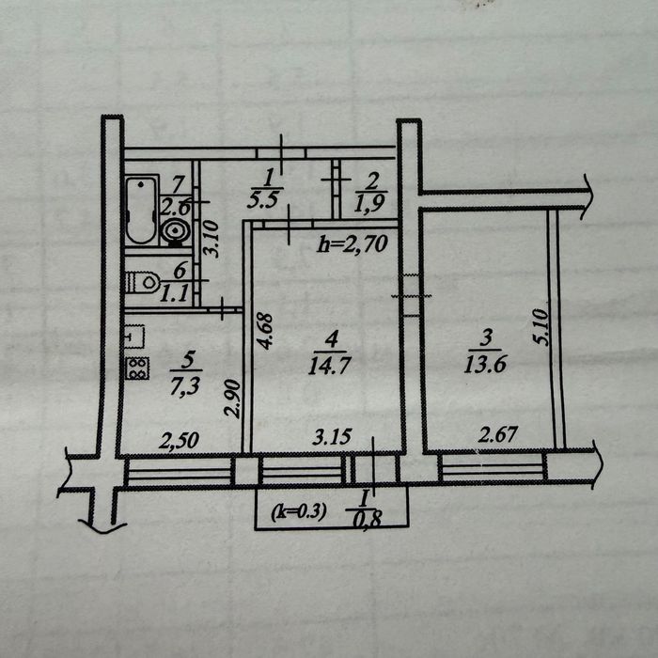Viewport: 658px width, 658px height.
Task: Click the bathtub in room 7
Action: [x=142, y=210]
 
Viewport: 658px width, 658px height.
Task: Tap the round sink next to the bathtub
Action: [x=176, y=231]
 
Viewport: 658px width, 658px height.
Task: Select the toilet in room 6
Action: [x=143, y=282]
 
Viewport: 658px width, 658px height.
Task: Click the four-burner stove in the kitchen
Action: [x=137, y=368]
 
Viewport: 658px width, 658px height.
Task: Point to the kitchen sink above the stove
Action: [x=135, y=337]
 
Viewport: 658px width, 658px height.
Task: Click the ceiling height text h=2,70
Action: [x=352, y=243]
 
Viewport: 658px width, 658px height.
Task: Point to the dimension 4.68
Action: [x=265, y=332]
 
